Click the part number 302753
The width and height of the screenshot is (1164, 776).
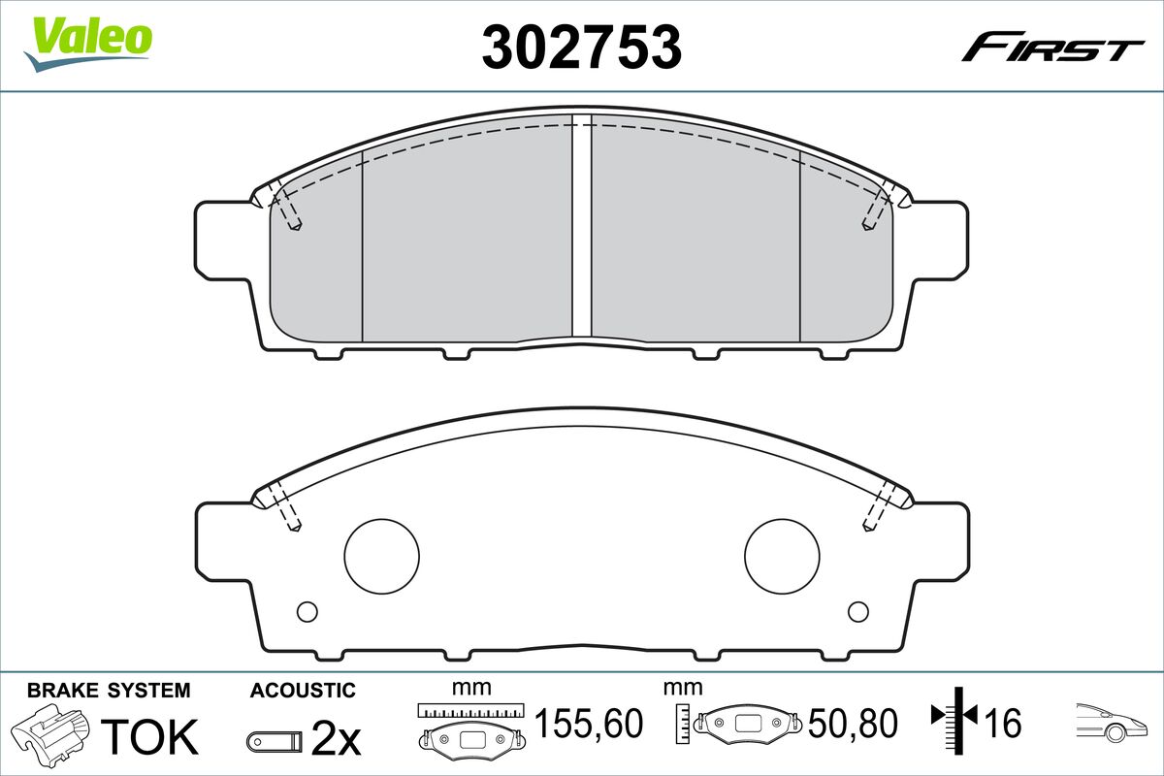click(x=581, y=46)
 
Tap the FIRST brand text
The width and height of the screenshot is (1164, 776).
click(x=1052, y=48)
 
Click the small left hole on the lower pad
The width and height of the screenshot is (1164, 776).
click(x=307, y=611)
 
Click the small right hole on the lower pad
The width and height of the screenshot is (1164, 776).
click(x=857, y=611)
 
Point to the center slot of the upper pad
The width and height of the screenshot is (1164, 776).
click(x=581, y=228)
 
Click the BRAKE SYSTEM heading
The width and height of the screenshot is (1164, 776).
click(x=109, y=691)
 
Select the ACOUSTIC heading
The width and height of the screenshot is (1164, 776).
click(x=303, y=691)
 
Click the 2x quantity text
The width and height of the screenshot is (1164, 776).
click(x=336, y=741)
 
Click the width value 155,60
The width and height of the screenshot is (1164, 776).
click(x=589, y=724)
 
